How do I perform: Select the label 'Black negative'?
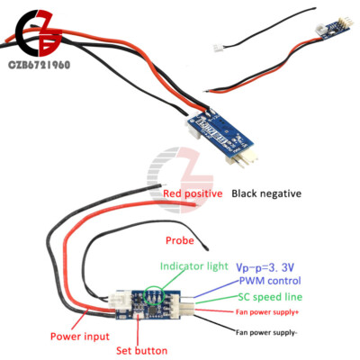[266, 193]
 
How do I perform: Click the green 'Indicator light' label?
[194, 266]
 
